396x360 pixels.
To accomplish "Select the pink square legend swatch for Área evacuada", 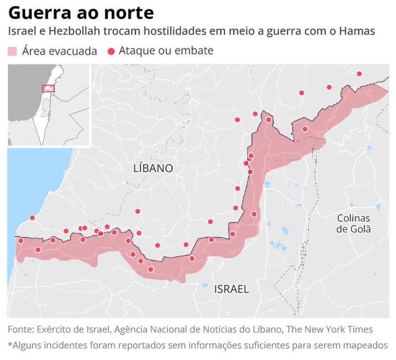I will pyautogui.click(x=12, y=51).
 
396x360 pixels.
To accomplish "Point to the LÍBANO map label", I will pyautogui.click(x=153, y=169).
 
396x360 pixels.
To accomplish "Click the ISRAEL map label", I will pyautogui.click(x=231, y=289).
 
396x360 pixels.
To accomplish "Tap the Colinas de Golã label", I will pyautogui.click(x=354, y=224).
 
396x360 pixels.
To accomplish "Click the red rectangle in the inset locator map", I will pyautogui.click(x=48, y=88).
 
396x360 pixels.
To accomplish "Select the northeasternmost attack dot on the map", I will pyautogui.click(x=359, y=74).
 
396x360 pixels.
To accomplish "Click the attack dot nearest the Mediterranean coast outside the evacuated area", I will pyautogui.click(x=32, y=218).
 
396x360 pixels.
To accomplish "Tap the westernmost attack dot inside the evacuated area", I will pyautogui.click(x=21, y=241).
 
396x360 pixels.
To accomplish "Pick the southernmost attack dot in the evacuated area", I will pyautogui.click(x=150, y=269).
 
